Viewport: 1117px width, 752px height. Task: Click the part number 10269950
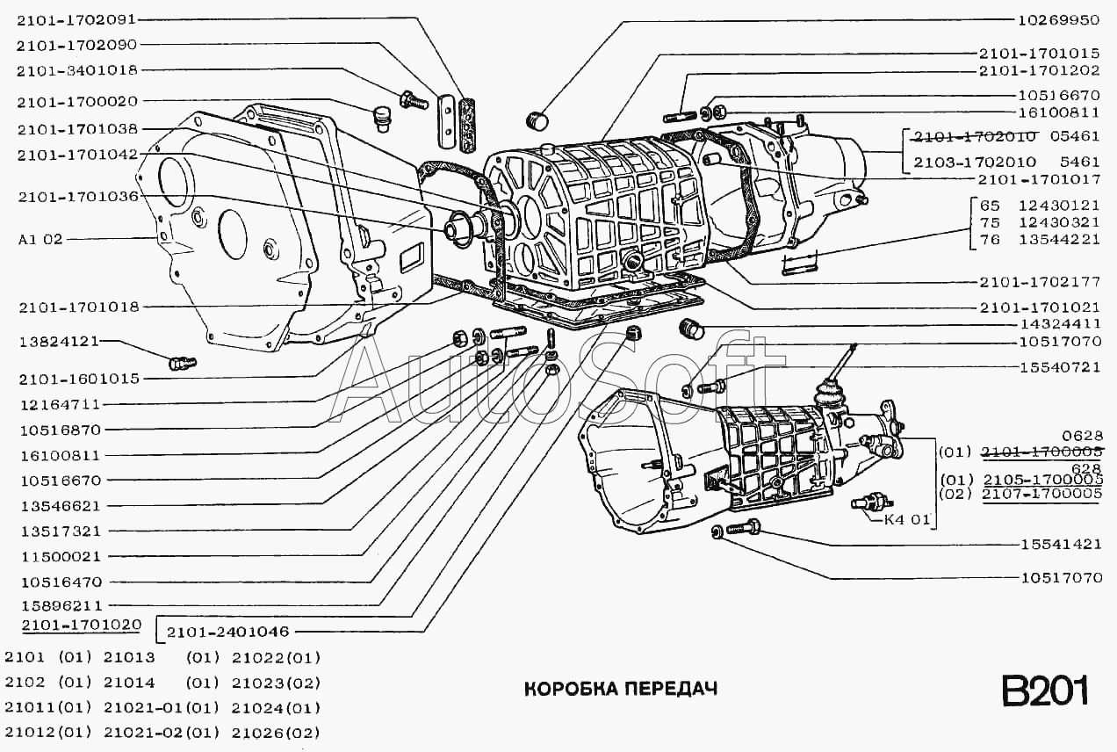tap(1057, 20)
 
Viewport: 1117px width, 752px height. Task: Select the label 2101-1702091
tap(76, 20)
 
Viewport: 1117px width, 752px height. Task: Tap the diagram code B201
tap(1045, 691)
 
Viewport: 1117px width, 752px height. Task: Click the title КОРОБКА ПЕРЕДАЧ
tap(621, 689)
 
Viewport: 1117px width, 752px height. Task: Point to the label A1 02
tap(41, 240)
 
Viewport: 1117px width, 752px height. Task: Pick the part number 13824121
tap(60, 343)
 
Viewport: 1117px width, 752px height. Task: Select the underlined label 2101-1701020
tap(82, 625)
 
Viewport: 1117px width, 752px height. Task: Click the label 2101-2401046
tap(228, 633)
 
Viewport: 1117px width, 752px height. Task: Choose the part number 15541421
tap(1061, 544)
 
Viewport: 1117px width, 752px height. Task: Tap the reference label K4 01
tap(907, 520)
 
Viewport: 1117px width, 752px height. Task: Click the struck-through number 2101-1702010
tap(975, 136)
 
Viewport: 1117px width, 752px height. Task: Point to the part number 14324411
tap(1060, 324)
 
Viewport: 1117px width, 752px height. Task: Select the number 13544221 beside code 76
tap(1059, 240)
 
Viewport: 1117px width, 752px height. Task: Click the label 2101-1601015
tap(79, 380)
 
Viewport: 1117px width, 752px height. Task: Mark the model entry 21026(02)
tap(276, 733)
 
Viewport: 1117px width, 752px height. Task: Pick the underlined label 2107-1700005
tap(1042, 494)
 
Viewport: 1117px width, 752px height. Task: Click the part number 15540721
tap(1060, 368)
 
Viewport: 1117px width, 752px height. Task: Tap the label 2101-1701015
tap(1039, 54)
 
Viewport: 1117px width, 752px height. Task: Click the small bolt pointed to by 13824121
tap(183, 363)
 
